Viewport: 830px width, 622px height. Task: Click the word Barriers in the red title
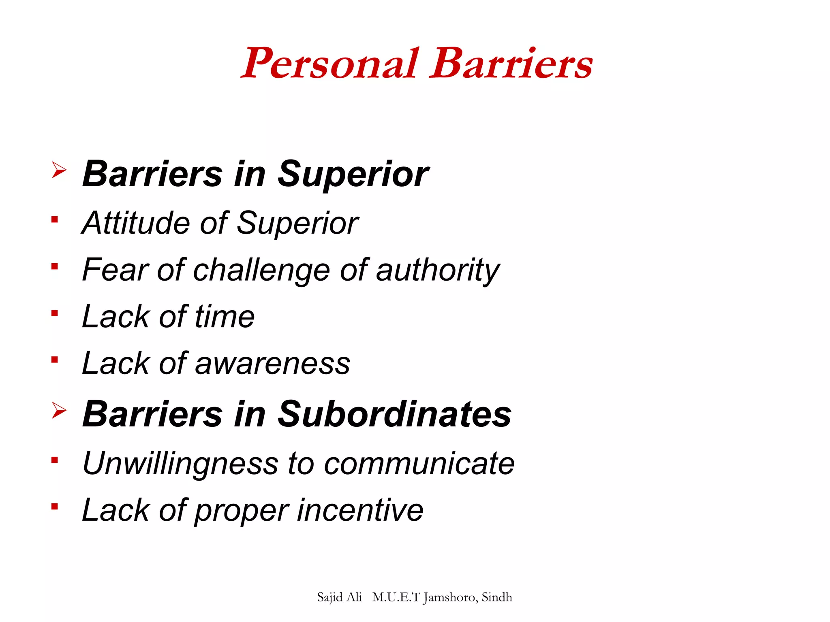511,64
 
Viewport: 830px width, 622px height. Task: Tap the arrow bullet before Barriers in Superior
59,170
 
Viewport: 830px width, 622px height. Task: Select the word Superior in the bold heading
353,174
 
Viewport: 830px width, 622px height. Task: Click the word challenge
262,270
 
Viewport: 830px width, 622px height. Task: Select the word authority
438,270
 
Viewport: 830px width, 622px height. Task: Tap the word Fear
116,270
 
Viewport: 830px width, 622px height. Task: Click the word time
225,317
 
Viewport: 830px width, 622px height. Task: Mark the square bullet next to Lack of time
55,313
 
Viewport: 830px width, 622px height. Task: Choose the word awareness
273,363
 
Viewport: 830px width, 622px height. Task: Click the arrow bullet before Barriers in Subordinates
59,411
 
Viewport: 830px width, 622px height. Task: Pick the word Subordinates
394,414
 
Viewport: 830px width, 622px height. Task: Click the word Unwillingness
180,463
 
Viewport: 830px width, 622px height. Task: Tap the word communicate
419,463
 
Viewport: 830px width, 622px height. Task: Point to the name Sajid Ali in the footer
339,597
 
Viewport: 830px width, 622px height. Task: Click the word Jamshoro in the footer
450,598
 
